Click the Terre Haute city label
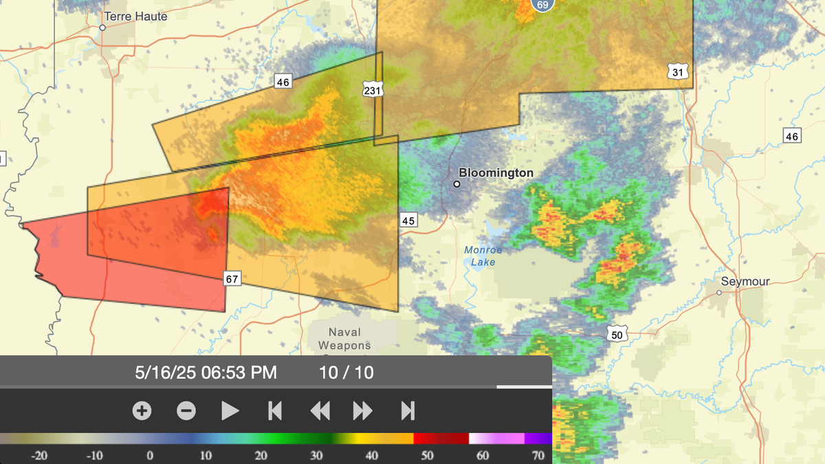[x=135, y=16]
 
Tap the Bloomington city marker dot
[x=456, y=184]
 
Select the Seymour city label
[x=745, y=281]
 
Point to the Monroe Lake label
[x=483, y=256]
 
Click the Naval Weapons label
[x=344, y=339]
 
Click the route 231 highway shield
[x=373, y=90]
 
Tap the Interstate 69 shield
[x=543, y=5]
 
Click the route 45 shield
[x=408, y=220]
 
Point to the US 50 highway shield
[x=617, y=333]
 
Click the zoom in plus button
[x=142, y=411]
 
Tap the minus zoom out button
[x=186, y=411]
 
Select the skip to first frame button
[x=274, y=411]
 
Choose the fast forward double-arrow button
[x=362, y=411]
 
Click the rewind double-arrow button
[x=320, y=411]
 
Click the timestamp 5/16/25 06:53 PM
[x=206, y=373]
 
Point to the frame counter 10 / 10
[x=346, y=373]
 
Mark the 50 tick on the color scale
[x=427, y=455]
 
